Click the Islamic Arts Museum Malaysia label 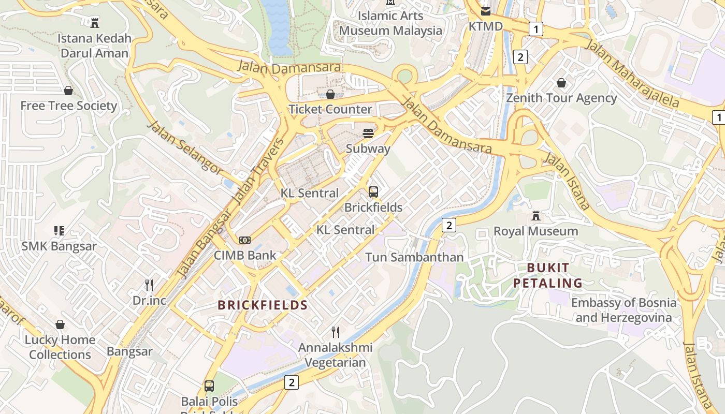(x=391, y=23)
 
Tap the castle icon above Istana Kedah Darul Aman (x=95, y=22)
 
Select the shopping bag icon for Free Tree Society (x=68, y=91)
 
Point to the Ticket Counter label (x=330, y=109)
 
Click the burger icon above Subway (x=368, y=134)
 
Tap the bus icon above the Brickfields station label (x=373, y=192)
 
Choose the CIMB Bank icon (x=245, y=240)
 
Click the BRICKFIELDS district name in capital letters (x=263, y=305)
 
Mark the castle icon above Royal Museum (x=536, y=215)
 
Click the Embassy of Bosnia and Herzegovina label (x=624, y=310)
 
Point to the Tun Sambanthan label (x=414, y=257)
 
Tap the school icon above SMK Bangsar (x=59, y=230)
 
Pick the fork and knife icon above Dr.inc (x=149, y=285)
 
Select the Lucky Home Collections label (x=60, y=347)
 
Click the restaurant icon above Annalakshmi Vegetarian (x=336, y=332)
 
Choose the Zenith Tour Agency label (x=561, y=98)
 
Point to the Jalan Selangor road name (x=185, y=148)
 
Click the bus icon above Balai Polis (x=209, y=386)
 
